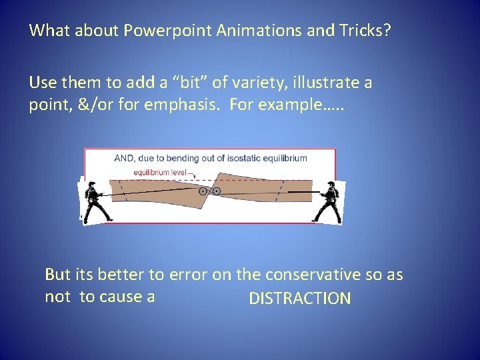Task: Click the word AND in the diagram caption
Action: coord(123,159)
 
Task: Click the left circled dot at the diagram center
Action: coord(203,191)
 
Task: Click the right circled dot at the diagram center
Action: coord(217,191)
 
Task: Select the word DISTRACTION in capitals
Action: coord(299,299)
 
